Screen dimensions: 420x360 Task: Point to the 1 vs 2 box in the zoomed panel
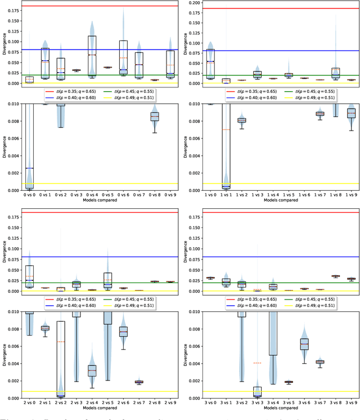click(x=241, y=120)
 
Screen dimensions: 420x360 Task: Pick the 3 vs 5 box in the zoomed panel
click(x=289, y=382)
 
